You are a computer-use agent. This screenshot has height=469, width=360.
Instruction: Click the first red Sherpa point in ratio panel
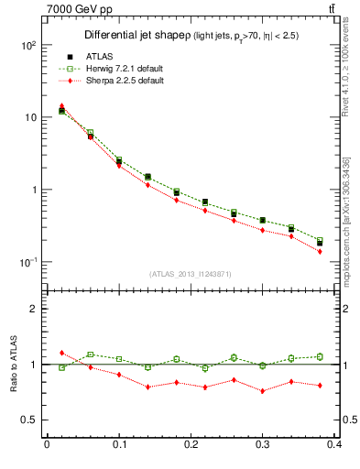click(x=62, y=353)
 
